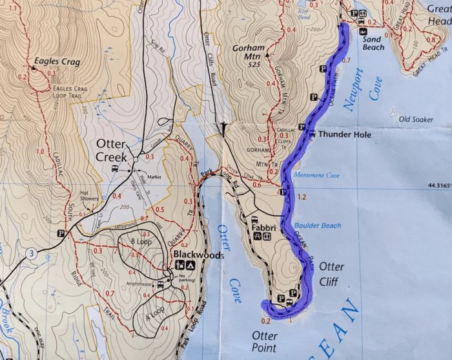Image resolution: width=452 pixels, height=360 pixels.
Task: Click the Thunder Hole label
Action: tap(345, 135)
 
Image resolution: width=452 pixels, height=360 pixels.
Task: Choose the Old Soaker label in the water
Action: tap(415, 120)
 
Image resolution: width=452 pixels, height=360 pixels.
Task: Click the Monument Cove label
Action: tap(316, 175)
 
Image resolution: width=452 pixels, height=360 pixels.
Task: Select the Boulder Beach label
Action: tap(318, 226)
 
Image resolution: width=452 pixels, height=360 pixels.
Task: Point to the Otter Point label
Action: tap(264, 342)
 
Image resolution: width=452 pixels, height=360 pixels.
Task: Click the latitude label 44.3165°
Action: tap(438, 185)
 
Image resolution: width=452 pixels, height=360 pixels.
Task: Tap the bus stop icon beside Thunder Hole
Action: tap(312, 134)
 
